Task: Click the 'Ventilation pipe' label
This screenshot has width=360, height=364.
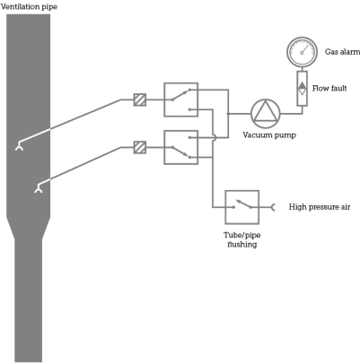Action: pos(29,6)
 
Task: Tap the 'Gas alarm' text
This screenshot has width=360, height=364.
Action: pos(342,52)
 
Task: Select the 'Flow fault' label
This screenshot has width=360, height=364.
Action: pos(329,88)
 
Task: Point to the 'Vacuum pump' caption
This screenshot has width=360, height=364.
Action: pos(269,135)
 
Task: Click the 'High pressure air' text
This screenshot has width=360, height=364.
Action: pos(320,207)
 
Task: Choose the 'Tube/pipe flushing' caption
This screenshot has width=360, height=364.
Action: pos(242,239)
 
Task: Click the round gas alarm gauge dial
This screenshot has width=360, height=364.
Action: pos(302,52)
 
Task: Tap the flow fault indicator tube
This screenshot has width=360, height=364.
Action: pos(303,89)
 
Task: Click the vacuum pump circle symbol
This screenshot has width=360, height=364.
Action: pos(266,114)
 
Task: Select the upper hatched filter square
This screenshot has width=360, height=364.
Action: pos(140,100)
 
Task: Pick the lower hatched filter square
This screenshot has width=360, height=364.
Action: pos(140,147)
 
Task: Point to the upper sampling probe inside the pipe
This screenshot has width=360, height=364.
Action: pos(19,146)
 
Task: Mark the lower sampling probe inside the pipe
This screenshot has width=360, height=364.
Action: pos(38,188)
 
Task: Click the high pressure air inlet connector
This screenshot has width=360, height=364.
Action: pos(273,207)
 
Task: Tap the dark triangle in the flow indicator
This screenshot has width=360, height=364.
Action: pos(303,85)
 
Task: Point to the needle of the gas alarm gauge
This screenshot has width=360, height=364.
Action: pos(305,49)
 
